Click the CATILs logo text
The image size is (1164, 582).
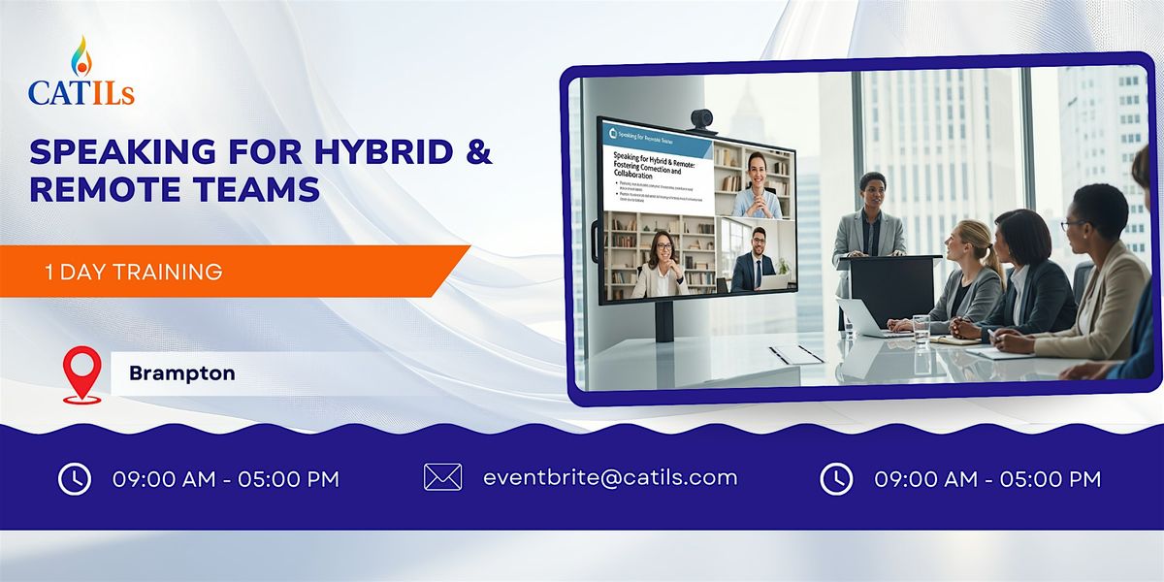pyautogui.click(x=81, y=92)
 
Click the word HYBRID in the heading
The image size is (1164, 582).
pyautogui.click(x=359, y=152)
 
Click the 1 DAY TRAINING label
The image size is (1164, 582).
pyautogui.click(x=134, y=272)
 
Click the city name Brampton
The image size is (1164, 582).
pyautogui.click(x=182, y=372)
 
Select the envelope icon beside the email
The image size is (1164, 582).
pyautogui.click(x=443, y=477)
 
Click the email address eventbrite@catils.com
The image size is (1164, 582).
pyautogui.click(x=610, y=477)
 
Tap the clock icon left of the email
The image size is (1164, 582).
pyautogui.click(x=75, y=478)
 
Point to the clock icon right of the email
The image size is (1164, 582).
pyautogui.click(x=836, y=478)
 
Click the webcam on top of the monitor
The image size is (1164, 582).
pyautogui.click(x=700, y=119)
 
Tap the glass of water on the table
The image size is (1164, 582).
pyautogui.click(x=921, y=330)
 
